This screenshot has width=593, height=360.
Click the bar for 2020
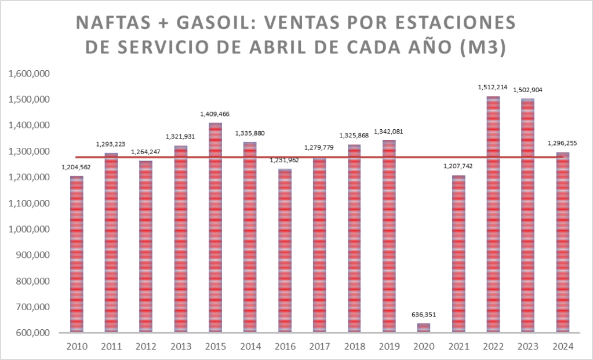pos(424,328)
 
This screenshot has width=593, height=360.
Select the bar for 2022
pos(493,214)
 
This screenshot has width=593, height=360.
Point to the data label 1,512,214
pos(493,88)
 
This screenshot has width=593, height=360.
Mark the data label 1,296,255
pos(562,143)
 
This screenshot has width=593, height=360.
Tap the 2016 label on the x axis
pos(285,347)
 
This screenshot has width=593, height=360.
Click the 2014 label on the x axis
pos(250,347)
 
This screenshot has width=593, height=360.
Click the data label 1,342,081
pos(389,132)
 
